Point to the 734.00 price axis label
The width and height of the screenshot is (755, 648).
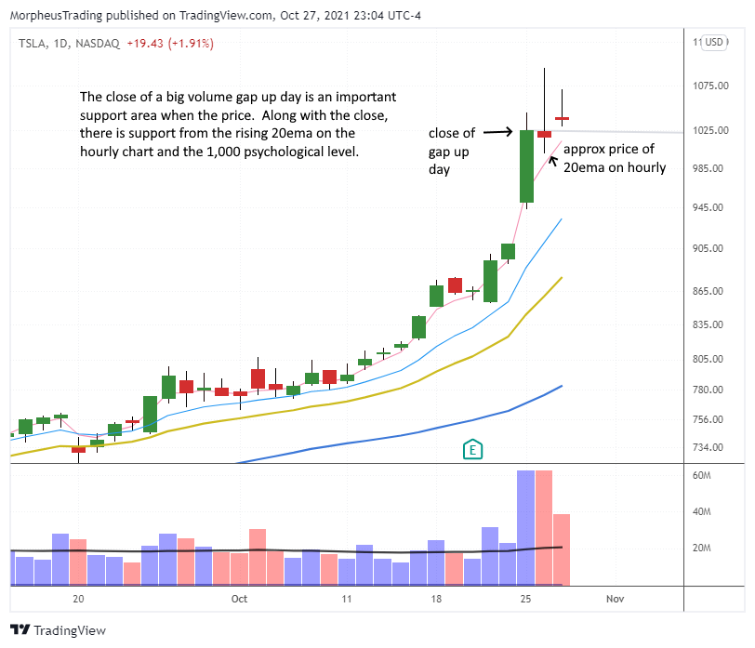click(x=710, y=448)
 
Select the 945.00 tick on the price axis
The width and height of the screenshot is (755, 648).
click(x=710, y=207)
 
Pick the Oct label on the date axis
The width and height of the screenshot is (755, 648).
click(x=239, y=600)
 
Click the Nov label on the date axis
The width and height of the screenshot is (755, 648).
click(x=616, y=600)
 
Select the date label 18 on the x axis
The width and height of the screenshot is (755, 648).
click(x=435, y=600)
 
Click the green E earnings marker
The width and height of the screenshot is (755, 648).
click(x=472, y=449)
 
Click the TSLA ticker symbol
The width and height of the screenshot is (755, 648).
click(x=33, y=43)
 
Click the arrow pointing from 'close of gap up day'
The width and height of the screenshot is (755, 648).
click(x=498, y=132)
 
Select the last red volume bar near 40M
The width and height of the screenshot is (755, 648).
click(x=562, y=549)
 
